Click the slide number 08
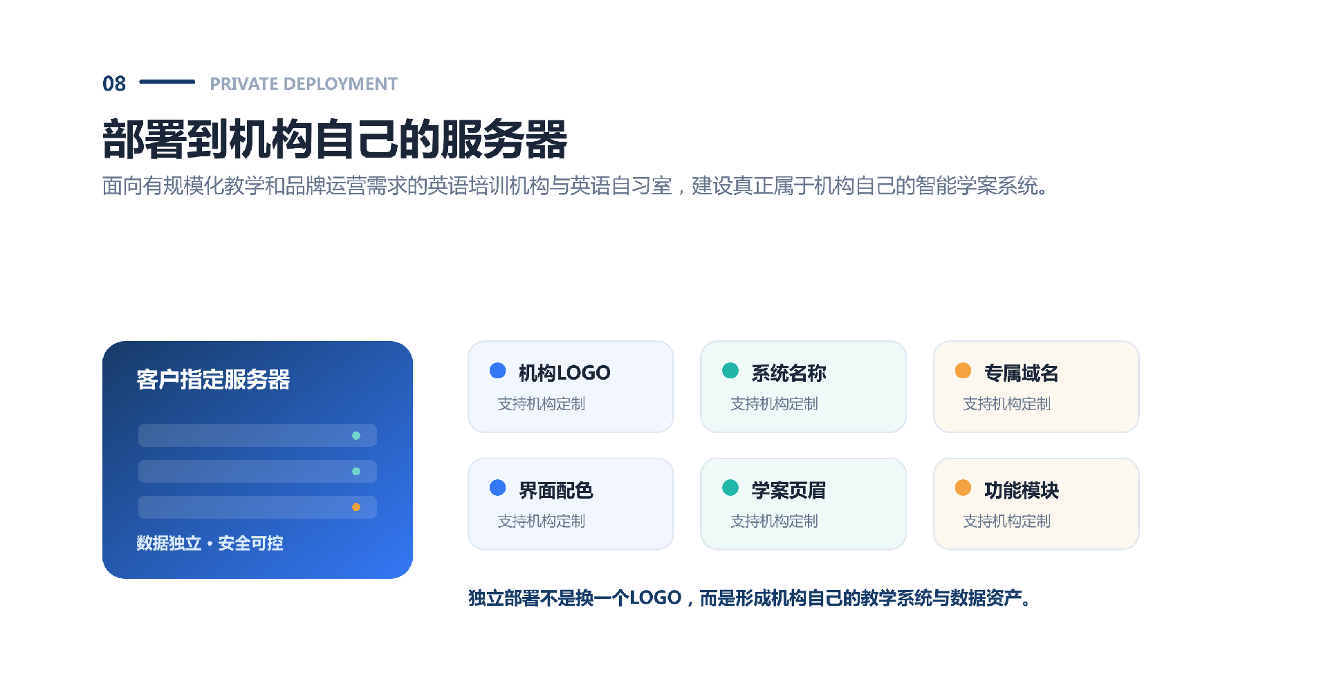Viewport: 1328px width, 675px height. [x=114, y=84]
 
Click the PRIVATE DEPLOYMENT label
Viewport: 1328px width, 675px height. [x=304, y=84]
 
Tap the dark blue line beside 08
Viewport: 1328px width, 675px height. [x=167, y=82]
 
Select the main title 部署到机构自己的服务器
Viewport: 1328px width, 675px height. [x=335, y=140]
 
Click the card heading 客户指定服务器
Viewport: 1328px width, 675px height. [x=213, y=380]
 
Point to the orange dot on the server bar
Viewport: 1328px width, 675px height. [x=356, y=507]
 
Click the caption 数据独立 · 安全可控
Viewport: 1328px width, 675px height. [x=210, y=543]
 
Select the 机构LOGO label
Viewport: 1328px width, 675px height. [x=564, y=373]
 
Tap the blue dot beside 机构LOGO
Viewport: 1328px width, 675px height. [x=497, y=371]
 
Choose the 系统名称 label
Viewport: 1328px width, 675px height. [x=788, y=373]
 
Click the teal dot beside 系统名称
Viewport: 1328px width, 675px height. [x=730, y=371]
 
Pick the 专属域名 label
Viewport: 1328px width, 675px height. [x=1022, y=373]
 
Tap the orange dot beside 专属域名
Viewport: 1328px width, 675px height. [x=963, y=371]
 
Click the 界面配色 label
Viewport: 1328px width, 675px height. [x=556, y=490]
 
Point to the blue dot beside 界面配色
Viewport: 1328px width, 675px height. [x=497, y=488]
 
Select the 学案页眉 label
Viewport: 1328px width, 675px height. [x=788, y=490]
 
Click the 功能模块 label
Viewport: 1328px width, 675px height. [x=1022, y=490]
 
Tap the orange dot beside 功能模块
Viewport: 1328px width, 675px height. [x=963, y=488]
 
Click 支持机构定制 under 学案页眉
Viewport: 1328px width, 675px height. [x=774, y=521]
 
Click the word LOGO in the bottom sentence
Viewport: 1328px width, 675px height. [x=656, y=598]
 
